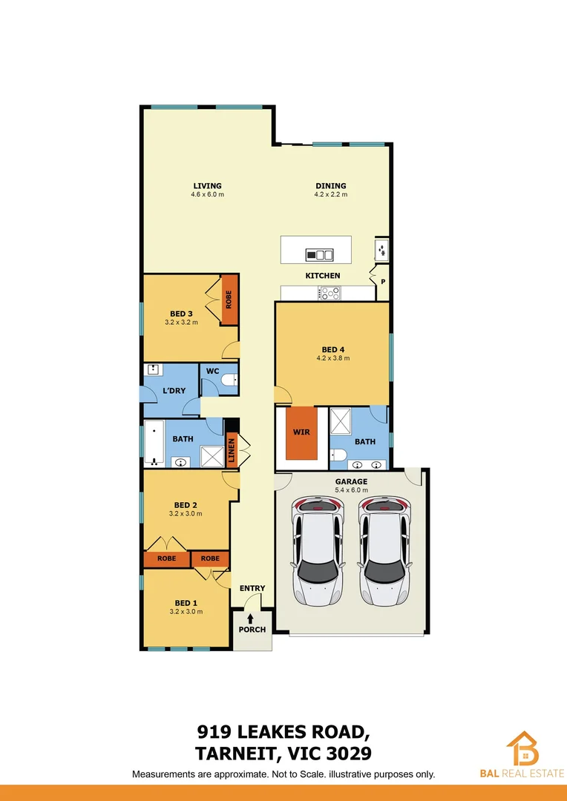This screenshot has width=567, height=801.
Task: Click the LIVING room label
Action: pos(208,186)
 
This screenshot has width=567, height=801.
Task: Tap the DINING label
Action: pos(330,186)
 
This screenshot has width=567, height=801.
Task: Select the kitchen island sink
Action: pos(320,255)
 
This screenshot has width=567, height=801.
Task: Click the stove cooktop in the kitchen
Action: pos(329,293)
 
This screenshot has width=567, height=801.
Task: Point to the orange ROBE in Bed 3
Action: pos(229,300)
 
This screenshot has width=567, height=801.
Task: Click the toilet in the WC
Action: pos(229,380)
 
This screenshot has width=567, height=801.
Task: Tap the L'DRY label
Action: pos(173,391)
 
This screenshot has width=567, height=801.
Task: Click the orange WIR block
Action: pos(301,432)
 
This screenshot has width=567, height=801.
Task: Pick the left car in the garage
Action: pos(319,549)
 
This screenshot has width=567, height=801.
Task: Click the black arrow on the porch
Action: pos(251,618)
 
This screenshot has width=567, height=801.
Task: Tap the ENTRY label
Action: pos(252,589)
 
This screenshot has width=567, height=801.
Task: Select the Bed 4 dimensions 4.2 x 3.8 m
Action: pos(333,358)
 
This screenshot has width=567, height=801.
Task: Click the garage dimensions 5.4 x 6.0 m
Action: pos(350,490)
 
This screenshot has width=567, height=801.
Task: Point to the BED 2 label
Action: pos(186,504)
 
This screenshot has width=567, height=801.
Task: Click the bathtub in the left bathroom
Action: pos(154,444)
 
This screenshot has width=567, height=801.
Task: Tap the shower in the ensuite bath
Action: pos(340,421)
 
